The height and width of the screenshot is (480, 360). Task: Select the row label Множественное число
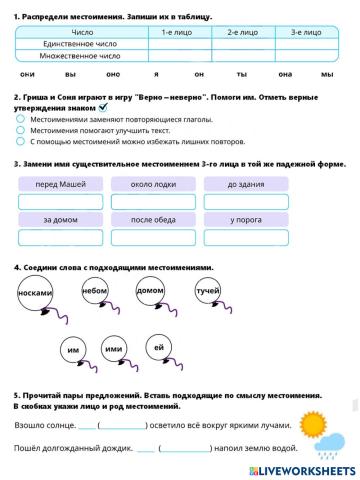82,56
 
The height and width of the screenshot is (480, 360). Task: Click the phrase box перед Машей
60,184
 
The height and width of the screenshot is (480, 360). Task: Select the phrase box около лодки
153,184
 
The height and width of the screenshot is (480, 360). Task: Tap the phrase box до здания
245,184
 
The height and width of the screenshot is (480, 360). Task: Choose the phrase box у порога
245,219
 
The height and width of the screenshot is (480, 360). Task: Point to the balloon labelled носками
36,293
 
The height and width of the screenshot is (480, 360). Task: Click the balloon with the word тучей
207,291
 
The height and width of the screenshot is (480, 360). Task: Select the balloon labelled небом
95,291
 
